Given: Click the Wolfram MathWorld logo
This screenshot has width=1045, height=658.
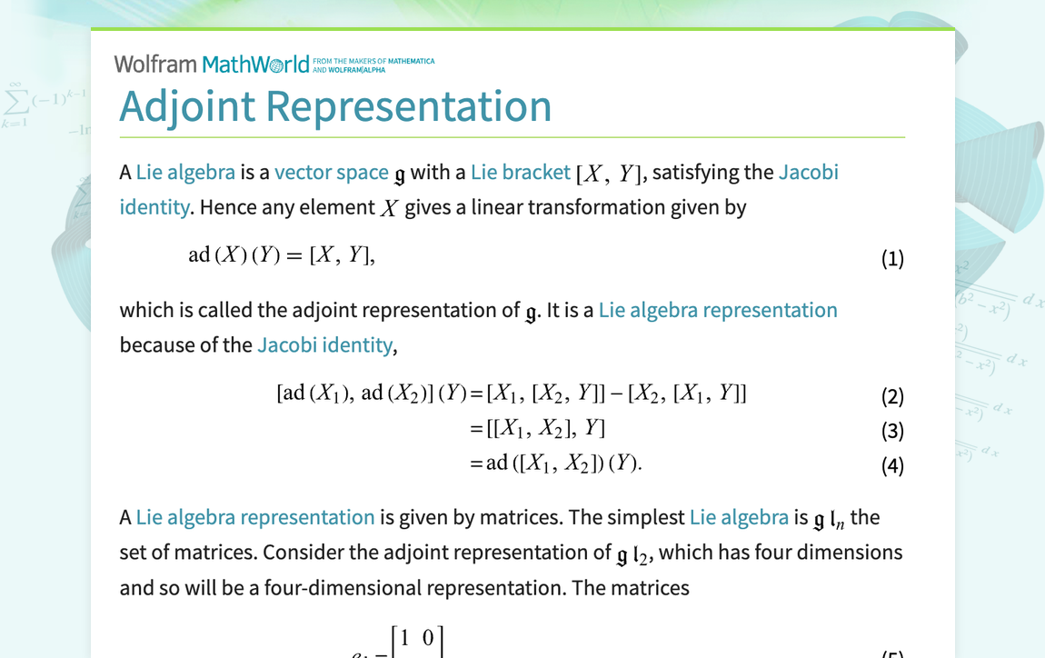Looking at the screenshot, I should click(x=212, y=65).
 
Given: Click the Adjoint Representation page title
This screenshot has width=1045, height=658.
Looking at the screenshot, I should click(x=335, y=106).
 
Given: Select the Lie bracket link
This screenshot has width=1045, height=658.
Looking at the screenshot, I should click(x=520, y=172).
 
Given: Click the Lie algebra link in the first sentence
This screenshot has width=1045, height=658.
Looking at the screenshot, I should click(x=185, y=172).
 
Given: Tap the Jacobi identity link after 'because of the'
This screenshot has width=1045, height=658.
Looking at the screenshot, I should click(x=324, y=345).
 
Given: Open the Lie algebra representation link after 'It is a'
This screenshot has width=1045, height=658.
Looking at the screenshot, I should click(x=718, y=311).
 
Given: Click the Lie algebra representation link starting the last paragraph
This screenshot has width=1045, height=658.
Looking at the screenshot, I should click(x=255, y=518).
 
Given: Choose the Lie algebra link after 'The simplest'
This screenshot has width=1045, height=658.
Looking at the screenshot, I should click(x=739, y=518).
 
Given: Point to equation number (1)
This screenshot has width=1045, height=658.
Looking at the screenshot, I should click(x=892, y=259).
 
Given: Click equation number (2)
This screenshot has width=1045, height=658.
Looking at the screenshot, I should click(x=892, y=396).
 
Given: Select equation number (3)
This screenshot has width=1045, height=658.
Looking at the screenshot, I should click(x=892, y=431).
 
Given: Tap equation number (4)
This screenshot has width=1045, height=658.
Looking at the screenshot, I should click(x=892, y=465).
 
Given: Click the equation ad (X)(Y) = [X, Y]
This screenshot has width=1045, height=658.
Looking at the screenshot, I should click(x=281, y=255).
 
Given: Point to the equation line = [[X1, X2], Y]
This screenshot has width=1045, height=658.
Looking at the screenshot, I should click(x=536, y=428).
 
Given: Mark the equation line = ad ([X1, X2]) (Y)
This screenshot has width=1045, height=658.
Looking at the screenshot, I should click(x=555, y=463).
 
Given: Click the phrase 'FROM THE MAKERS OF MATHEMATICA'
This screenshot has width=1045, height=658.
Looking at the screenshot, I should click(x=373, y=61).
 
